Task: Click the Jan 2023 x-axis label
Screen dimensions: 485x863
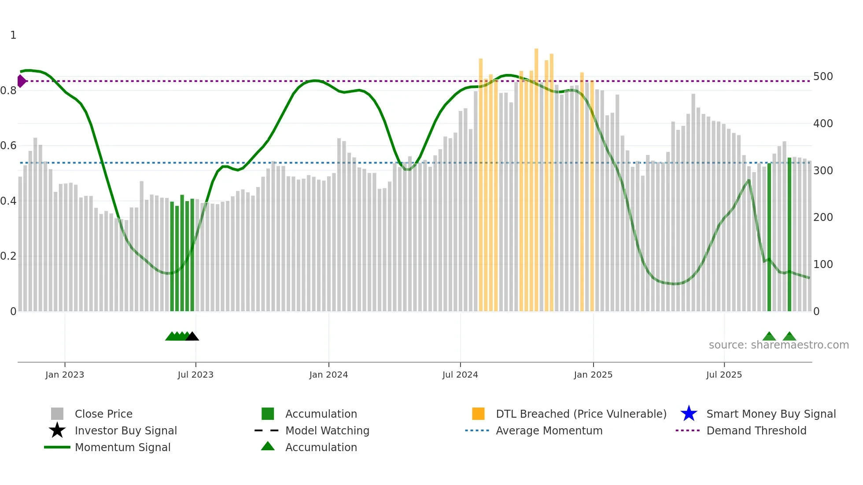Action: coord(64,375)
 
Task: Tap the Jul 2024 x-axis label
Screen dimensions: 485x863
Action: coord(460,375)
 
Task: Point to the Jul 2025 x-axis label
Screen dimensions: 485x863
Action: coord(724,375)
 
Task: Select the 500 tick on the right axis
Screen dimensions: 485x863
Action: coord(823,77)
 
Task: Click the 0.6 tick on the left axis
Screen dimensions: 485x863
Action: coord(8,146)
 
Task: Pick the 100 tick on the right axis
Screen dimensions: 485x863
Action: coord(823,265)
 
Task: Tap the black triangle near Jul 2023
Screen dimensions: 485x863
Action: coord(192,337)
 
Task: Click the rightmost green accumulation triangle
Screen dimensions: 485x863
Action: coord(789,337)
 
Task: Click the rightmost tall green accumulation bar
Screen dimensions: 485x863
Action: coord(789,233)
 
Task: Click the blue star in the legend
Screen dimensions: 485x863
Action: coord(689,414)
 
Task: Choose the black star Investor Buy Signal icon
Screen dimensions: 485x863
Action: coord(57,430)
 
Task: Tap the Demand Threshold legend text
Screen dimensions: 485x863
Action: coord(756,430)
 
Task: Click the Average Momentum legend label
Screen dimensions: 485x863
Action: coord(549,430)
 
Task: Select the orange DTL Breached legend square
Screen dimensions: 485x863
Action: coord(478,414)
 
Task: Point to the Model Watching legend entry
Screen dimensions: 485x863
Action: coord(327,430)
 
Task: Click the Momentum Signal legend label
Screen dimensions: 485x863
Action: coord(122,447)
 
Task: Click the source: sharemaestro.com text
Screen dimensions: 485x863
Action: coord(778,345)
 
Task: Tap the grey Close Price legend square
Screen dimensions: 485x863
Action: coord(57,414)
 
